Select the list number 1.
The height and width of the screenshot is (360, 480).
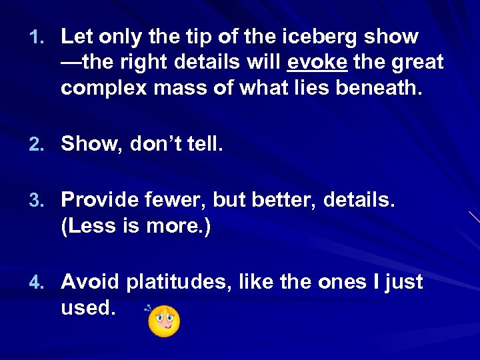[x=36, y=37]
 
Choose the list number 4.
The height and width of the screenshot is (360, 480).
[x=36, y=283]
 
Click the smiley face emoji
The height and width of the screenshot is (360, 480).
[x=164, y=321]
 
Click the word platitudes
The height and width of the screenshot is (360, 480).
[x=177, y=282]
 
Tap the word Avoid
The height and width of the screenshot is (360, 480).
[x=91, y=282]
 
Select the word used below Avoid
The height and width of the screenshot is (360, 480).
[x=86, y=308]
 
